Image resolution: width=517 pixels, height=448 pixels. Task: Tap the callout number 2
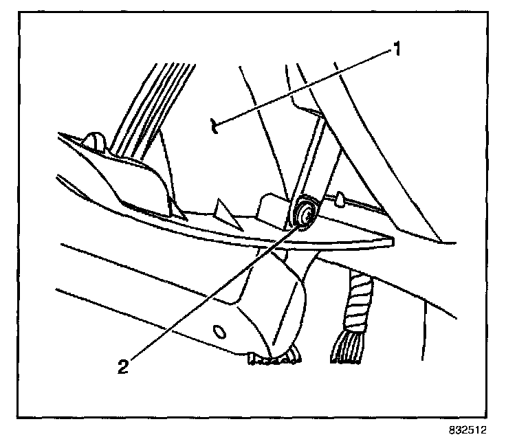coord(123,366)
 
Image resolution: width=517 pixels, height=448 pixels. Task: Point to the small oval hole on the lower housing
coord(219,332)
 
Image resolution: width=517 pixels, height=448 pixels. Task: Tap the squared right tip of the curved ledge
coord(389,241)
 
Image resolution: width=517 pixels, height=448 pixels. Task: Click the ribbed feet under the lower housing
coord(275,356)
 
